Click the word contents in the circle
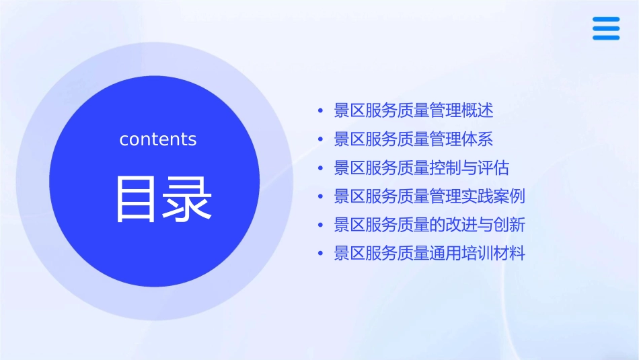(158, 139)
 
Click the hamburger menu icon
(605, 29)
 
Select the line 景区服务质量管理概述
(413, 110)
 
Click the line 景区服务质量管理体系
(413, 139)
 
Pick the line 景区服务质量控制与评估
(421, 168)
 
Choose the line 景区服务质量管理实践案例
(429, 196)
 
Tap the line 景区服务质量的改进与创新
(429, 225)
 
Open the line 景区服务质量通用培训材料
(429, 254)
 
